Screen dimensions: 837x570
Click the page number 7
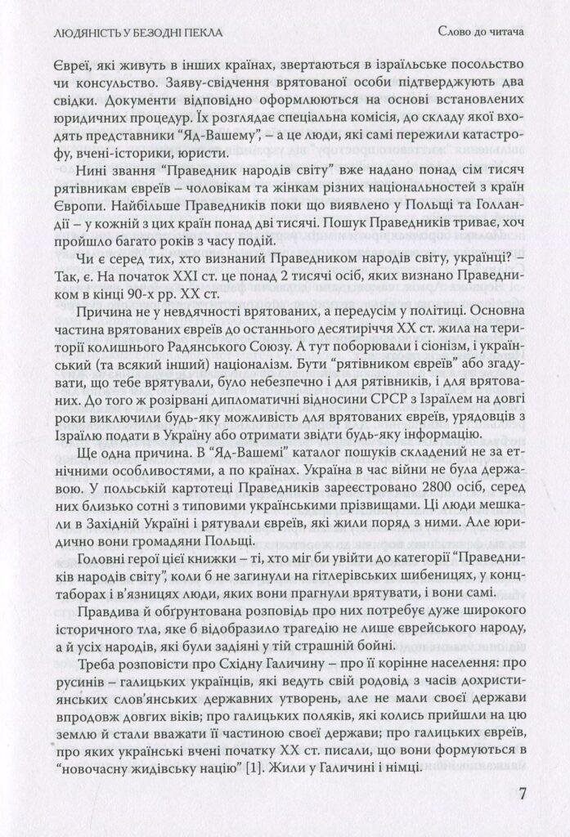click(x=524, y=794)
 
